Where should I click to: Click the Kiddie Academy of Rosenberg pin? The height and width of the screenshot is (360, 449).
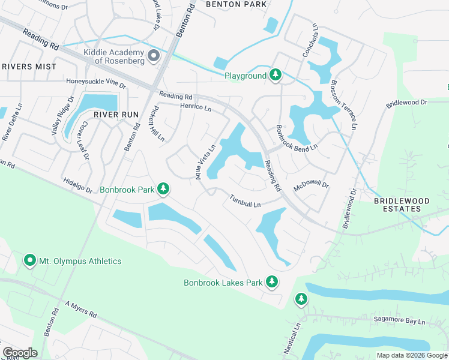click(154, 57)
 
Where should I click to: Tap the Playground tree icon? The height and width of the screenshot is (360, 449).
click(276, 75)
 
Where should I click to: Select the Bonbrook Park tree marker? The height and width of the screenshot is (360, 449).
click(163, 190)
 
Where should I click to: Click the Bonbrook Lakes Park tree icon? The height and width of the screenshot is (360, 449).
click(272, 281)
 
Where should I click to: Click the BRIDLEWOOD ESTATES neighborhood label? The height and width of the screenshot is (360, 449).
click(406, 205)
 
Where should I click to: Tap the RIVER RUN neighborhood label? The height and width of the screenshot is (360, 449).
click(116, 115)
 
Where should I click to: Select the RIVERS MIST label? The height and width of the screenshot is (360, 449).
click(29, 67)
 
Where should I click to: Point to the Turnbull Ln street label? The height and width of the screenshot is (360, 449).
click(244, 202)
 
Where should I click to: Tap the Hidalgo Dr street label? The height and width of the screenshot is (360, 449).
click(77, 185)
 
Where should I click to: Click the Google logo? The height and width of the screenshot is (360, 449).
click(19, 353)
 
